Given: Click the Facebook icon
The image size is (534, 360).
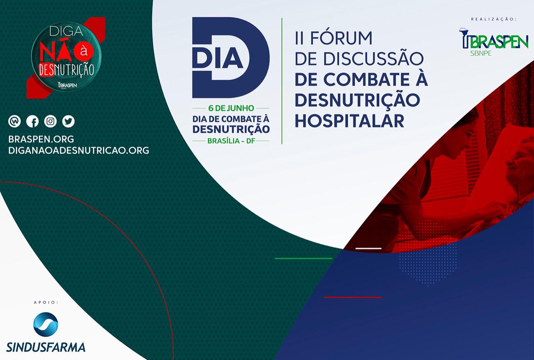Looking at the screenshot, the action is pos(33,121).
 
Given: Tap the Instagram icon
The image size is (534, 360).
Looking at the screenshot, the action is pos(50,121).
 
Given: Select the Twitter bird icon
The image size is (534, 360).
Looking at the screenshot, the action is pos(68,121).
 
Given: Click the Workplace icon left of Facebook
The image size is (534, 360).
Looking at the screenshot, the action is pos(14,121).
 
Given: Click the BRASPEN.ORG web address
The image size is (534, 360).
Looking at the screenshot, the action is pos(41,139).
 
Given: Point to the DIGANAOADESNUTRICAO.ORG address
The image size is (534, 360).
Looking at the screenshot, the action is pos(79,151).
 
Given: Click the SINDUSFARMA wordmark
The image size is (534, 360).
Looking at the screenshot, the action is pos(46,347).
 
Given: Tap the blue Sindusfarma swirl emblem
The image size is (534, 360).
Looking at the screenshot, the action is pos(45,324).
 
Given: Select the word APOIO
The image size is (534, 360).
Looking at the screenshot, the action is pos(46,302).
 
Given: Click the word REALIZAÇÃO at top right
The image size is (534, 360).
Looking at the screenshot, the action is pos(494,19).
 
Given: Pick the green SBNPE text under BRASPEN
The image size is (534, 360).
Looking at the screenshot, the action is pos(481,53).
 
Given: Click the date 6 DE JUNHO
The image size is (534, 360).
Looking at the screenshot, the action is pos(231,108).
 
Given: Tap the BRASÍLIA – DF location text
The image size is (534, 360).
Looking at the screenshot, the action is pos(231,141).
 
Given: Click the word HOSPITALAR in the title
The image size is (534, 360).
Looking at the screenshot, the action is pos(350,121).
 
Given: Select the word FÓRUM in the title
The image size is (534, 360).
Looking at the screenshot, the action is pos(341,38).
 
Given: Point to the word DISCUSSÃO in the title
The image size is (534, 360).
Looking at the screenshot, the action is pos(373,59).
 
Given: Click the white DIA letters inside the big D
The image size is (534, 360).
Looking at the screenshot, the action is pos(217,58).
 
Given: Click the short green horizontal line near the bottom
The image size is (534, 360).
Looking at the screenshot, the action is pos(303,259).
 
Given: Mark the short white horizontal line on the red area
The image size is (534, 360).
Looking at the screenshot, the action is pos(368,249).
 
